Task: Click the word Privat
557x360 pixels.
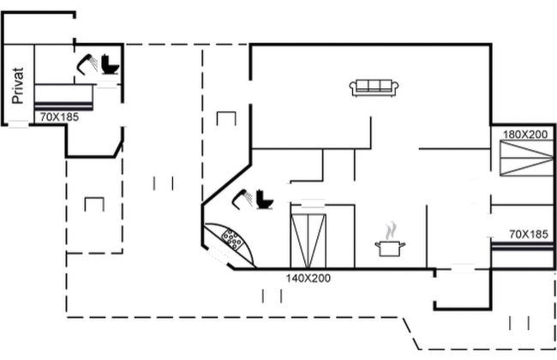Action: (17, 86)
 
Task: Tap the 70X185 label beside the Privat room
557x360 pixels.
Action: (59, 117)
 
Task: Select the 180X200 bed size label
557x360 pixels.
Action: (525, 135)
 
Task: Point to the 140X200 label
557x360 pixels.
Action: (308, 278)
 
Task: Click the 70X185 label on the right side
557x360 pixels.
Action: (529, 234)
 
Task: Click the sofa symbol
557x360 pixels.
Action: (374, 88)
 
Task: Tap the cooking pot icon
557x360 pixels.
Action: (390, 248)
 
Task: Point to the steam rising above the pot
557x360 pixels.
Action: (391, 231)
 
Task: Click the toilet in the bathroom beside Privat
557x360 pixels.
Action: (111, 64)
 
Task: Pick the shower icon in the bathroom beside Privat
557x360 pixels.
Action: (87, 64)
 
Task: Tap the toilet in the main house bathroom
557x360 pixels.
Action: (265, 200)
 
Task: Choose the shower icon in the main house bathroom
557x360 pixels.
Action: (242, 199)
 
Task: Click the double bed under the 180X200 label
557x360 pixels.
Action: (526, 159)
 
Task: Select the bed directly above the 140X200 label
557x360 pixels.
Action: (308, 241)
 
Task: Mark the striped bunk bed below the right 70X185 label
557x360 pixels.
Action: (522, 246)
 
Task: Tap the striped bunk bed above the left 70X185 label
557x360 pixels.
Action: (63, 105)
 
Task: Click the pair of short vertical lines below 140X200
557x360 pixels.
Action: (273, 296)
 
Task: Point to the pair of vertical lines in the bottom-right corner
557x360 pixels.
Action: (519, 323)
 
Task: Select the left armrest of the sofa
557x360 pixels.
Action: (352, 87)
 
